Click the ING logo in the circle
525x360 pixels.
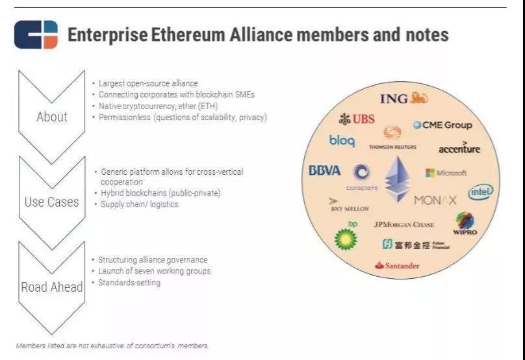coord(404,97)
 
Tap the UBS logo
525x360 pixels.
coord(357,119)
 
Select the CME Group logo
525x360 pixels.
coord(442,125)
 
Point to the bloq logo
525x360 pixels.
coord(342,141)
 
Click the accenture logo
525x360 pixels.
coord(459,148)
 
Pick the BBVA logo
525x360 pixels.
coord(324,170)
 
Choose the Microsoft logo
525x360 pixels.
coord(446,173)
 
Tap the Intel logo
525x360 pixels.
coord(480,192)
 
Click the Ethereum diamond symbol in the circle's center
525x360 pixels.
coord(397,179)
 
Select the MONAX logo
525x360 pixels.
coord(435,200)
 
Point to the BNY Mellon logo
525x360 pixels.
coord(350,205)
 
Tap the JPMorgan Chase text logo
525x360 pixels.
coord(403,224)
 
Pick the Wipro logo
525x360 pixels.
coord(465,223)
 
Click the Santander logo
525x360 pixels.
coord(397,266)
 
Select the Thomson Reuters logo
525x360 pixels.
coord(392,137)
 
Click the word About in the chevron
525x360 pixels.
coord(52,117)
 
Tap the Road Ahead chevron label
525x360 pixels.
coord(52,287)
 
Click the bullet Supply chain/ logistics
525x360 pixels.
coord(140,204)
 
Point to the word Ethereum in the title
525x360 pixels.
coord(188,35)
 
